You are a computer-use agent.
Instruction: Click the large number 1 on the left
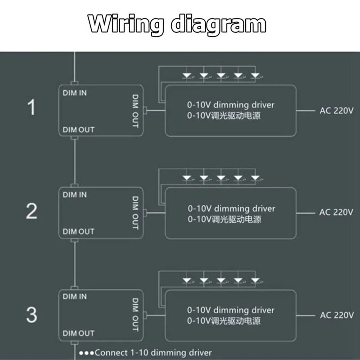tap(31, 108)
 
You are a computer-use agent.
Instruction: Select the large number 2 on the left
tap(31, 211)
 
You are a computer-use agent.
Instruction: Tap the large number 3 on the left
tap(31, 315)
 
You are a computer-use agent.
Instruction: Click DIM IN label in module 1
tap(75, 93)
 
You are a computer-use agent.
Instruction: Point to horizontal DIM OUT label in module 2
tap(79, 231)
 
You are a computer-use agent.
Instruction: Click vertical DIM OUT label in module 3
tap(135, 314)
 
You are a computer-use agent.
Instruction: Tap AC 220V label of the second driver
tap(337, 212)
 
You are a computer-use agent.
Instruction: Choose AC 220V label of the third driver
tap(337, 315)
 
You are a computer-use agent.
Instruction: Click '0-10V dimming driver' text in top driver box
tap(231, 105)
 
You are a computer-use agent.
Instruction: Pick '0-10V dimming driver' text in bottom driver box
tap(231, 310)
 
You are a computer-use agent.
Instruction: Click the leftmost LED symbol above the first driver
tap(187, 76)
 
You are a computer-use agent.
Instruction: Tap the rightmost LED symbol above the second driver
tap(255, 178)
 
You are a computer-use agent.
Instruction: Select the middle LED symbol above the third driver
tap(221, 280)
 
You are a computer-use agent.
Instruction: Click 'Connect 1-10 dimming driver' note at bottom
tap(145, 353)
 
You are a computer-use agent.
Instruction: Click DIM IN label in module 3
tap(75, 297)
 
